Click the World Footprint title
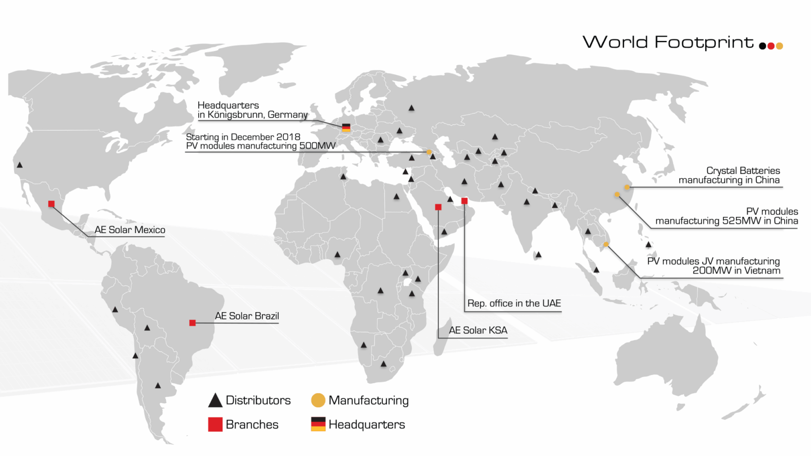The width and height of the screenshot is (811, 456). point(668,42)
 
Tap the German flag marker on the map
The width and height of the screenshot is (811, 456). point(346,127)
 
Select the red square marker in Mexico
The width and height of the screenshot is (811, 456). point(51,204)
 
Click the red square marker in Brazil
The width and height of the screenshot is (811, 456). point(193,323)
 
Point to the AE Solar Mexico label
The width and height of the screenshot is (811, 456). point(130,230)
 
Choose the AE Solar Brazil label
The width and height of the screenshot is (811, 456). point(247,316)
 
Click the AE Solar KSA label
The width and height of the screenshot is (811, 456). point(478,330)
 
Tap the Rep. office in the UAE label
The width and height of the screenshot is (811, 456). point(514,303)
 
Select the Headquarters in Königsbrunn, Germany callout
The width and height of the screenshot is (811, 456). point(252,110)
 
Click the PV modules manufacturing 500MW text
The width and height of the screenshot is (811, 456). point(261,146)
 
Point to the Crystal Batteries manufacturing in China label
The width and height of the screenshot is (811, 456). point(729,175)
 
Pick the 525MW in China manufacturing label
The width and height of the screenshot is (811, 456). point(726,216)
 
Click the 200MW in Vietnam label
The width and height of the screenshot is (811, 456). point(713,266)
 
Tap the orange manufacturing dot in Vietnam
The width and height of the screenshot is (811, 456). point(606,245)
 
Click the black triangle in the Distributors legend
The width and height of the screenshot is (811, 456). point(215,400)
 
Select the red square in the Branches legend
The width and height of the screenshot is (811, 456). point(215,425)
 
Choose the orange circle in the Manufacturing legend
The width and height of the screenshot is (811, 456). point(318,400)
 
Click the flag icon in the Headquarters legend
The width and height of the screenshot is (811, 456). point(318,424)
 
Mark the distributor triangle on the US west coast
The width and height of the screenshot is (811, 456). point(20,165)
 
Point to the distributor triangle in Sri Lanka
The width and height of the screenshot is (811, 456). point(539,254)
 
